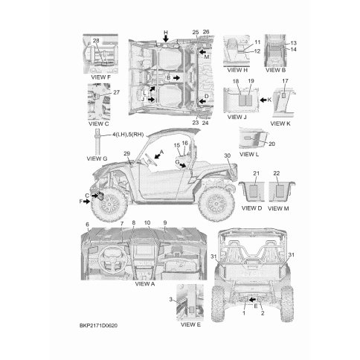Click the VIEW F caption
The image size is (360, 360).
[x=100, y=77]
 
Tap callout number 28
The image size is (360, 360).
[x=96, y=41]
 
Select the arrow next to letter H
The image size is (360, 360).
[x=166, y=39]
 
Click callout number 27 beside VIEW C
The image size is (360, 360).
[x=116, y=92]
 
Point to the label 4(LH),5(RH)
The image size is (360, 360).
[x=128, y=135]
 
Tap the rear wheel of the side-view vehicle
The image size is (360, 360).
[x=216, y=205]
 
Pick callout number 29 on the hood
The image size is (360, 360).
[x=126, y=154]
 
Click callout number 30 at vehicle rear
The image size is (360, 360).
[x=227, y=155]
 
